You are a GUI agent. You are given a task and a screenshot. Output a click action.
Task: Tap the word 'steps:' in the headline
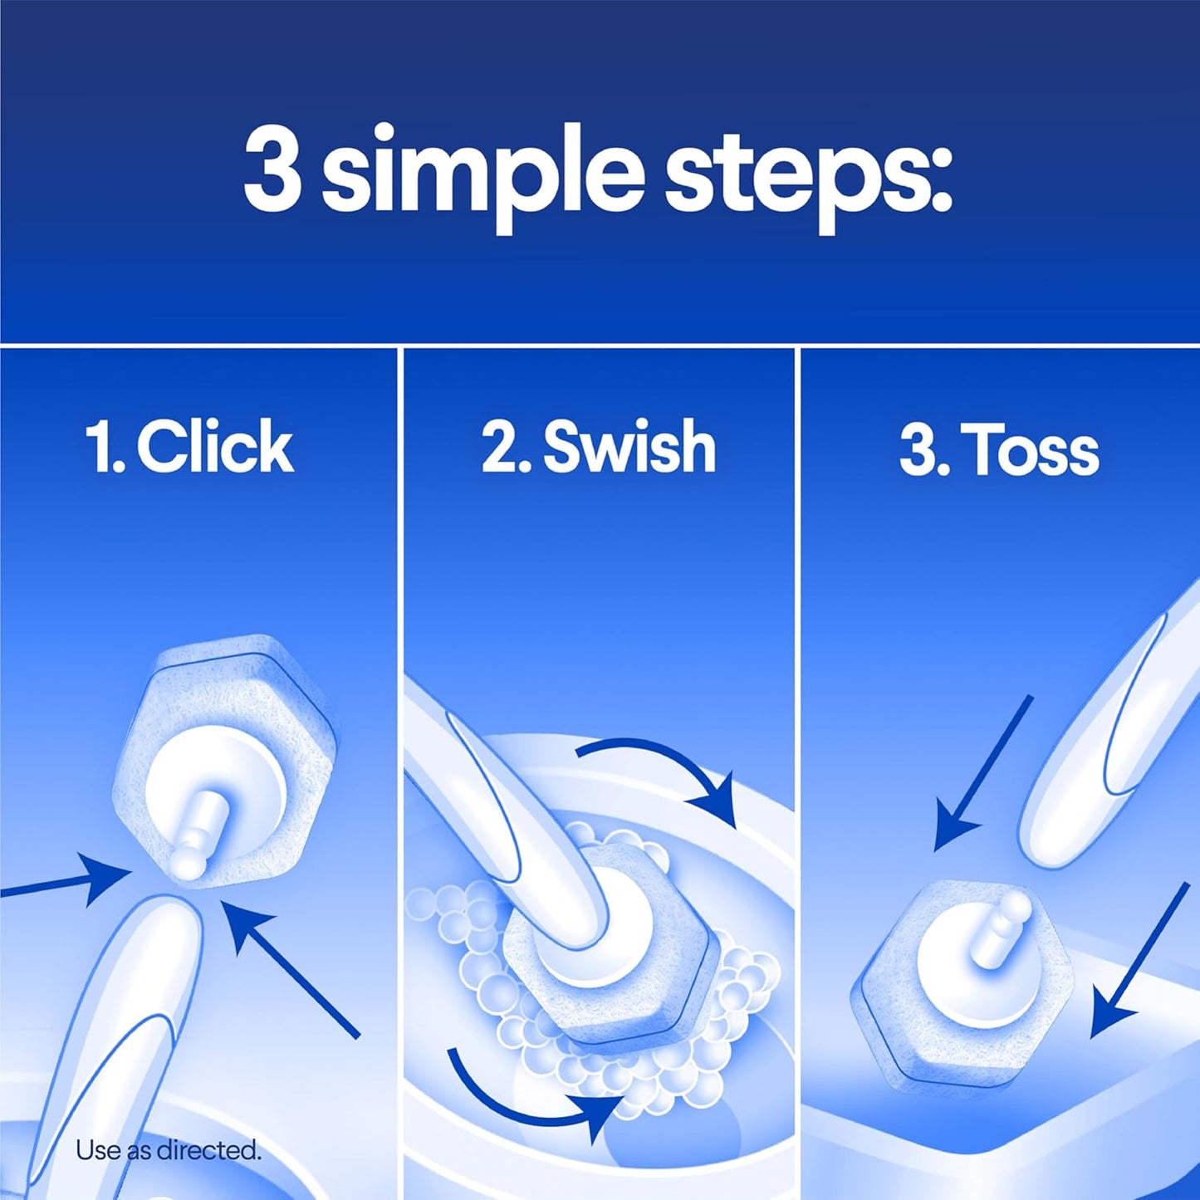coord(806,176)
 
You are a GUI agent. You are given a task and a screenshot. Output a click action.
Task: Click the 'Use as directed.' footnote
coord(168,1150)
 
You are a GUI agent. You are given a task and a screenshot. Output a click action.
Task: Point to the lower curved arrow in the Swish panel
coord(531,1096)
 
